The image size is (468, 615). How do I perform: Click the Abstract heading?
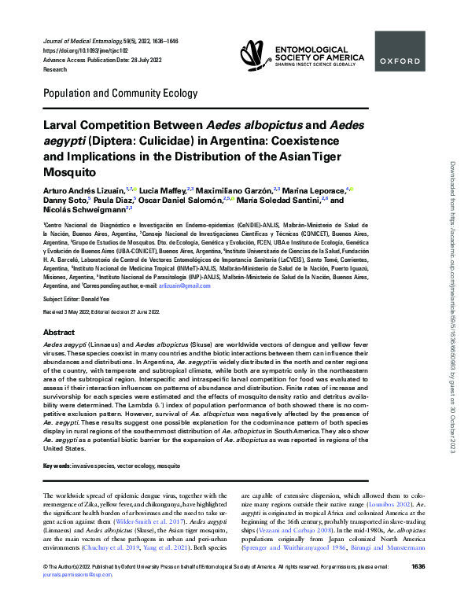[x=59, y=333]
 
